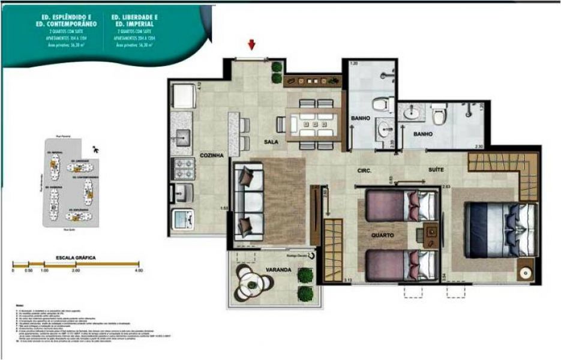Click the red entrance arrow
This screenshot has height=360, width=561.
[252, 44]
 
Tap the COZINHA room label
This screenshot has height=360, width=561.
[211, 155]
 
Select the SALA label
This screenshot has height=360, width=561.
[270, 143]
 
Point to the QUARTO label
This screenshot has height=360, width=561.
[382, 236]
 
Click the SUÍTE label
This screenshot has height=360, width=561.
[436, 170]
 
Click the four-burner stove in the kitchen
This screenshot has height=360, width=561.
[182, 167]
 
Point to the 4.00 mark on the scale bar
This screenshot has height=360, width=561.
[139, 271]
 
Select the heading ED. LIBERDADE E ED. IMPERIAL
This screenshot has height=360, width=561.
[135, 21]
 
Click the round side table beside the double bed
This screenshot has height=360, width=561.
[526, 272]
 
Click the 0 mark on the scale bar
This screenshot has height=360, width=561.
[13, 271]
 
